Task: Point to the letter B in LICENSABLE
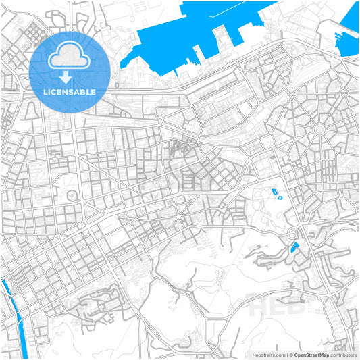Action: tap(84, 91)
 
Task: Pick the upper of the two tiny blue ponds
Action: tap(274, 192)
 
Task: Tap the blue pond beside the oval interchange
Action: tap(293, 249)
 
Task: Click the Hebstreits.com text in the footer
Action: tap(267, 354)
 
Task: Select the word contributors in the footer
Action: tap(343, 354)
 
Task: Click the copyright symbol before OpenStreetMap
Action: tap(291, 354)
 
